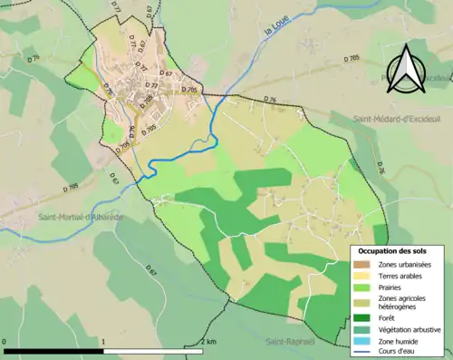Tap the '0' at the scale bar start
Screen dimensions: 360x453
pos(5,342)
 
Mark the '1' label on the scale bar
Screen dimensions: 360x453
pos(104,342)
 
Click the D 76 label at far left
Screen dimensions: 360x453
pos(34,58)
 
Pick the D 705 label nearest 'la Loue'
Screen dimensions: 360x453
pos(189,90)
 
